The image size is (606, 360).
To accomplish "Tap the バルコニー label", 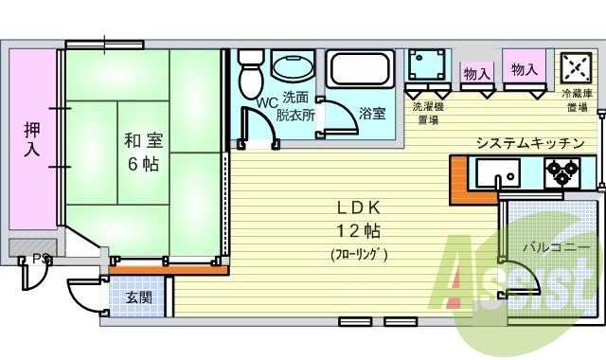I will click(x=552, y=246).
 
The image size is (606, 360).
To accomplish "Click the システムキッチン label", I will click(x=529, y=143).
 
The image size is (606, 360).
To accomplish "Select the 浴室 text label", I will click(x=372, y=114).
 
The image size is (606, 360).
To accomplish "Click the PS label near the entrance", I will click(x=41, y=258).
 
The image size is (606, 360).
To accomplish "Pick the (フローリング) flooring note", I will click(x=359, y=254).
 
